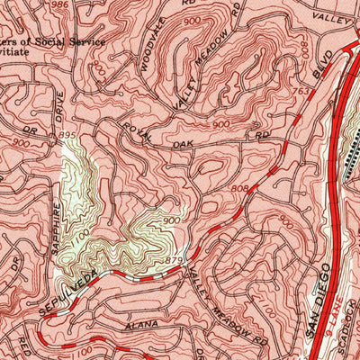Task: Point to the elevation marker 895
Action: [67, 135]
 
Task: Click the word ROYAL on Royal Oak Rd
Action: [136, 129]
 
